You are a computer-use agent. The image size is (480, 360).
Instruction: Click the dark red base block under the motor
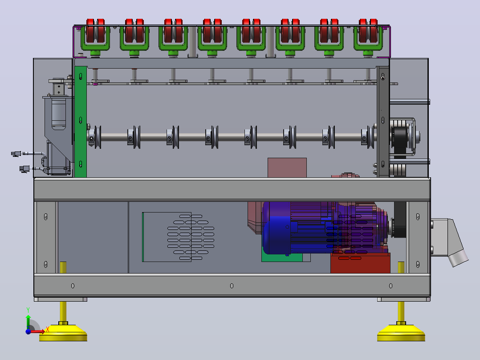coord(360,263)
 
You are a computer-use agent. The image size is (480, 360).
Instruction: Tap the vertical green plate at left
coord(81,122)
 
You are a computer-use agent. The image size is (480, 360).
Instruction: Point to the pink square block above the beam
coord(287,168)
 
